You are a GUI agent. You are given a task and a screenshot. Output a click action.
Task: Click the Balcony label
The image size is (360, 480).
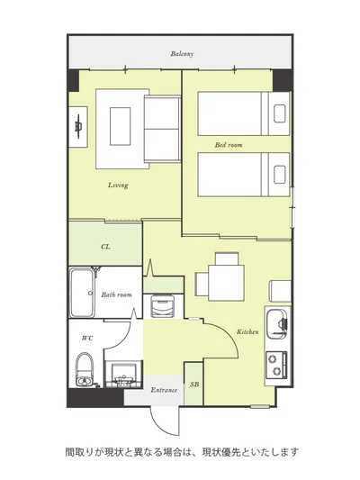point(182,54)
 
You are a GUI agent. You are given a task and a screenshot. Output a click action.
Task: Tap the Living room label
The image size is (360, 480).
point(118,186)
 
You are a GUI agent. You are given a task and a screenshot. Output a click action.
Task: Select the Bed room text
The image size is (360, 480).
point(229,145)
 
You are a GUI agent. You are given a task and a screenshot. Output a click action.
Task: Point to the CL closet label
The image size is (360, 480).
point(105,247)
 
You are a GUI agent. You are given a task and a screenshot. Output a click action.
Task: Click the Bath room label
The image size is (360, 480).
point(116,294)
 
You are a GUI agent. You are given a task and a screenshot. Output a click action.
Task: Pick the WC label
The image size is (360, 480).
point(87,339)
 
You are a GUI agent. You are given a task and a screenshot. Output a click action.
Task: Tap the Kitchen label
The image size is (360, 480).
point(247,331)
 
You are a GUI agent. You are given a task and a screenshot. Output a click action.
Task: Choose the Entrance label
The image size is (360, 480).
point(164,390)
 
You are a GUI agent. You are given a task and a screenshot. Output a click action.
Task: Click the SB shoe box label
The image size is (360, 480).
point(194,385)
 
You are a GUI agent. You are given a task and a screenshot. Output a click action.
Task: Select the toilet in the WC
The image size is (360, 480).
point(85,369)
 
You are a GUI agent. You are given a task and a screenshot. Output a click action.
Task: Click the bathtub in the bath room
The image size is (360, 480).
point(82,293)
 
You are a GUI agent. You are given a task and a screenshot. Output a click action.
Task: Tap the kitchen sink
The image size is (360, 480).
point(277,324)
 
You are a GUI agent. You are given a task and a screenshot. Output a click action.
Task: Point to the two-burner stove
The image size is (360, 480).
point(277,366)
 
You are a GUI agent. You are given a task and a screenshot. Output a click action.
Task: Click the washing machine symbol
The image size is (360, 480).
point(163,306)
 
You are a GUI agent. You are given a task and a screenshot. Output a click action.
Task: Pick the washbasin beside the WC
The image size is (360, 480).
point(124,374)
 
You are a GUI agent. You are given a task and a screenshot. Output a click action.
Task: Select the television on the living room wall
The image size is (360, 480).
point(79,127)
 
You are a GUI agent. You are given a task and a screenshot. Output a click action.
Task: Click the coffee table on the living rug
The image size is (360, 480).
point(121,126)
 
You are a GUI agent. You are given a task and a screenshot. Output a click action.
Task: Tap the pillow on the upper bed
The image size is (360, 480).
point(280,113)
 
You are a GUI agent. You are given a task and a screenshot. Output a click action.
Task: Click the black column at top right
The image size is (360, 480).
point(283,80)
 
